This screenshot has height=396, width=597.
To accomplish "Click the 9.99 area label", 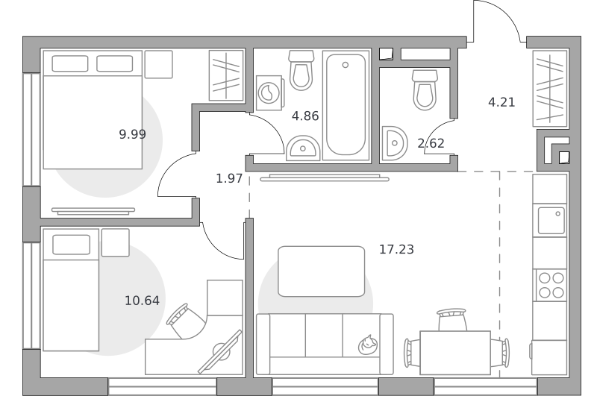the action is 133,134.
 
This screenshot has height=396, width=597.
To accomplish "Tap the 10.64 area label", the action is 142,301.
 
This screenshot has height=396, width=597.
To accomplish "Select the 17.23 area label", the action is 396,249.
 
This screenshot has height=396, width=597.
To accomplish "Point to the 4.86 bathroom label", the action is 305,116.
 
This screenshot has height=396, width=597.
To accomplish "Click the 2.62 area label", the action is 431,143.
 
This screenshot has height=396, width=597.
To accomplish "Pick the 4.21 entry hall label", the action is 501,102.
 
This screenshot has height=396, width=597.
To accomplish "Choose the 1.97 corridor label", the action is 229,178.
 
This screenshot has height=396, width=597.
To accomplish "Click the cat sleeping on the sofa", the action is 368,345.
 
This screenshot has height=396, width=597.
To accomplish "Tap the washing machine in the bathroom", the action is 269,92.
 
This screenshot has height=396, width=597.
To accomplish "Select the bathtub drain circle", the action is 346,65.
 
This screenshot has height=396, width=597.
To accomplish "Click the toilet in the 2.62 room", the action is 425,89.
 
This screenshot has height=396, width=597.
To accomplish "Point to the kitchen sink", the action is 551,221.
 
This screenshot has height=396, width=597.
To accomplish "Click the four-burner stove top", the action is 551,285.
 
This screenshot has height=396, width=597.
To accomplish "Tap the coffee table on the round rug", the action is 322,271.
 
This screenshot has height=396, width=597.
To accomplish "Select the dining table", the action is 455,353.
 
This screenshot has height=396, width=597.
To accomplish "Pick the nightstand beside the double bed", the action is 159,64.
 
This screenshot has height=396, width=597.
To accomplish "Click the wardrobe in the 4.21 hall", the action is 550,89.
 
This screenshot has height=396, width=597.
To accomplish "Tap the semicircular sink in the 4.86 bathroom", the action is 303,148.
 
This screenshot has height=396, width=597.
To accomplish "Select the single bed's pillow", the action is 71,245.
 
